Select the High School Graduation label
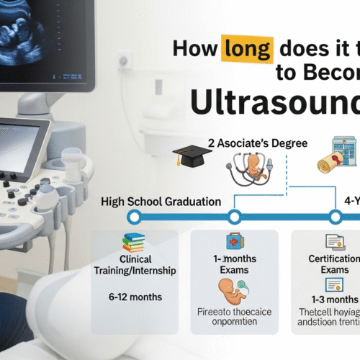[162, 202]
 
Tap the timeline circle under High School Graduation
[132, 217]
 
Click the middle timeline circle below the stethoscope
[234, 217]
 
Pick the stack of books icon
[135, 241]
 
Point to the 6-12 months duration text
[135, 297]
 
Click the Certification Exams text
[335, 265]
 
